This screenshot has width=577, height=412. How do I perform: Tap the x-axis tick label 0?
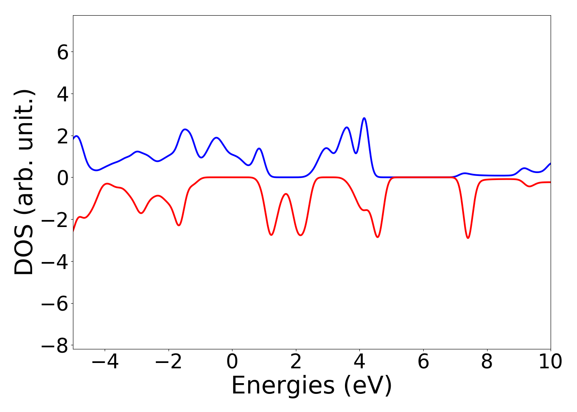click(x=232, y=362)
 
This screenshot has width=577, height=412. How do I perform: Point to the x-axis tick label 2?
click(x=296, y=362)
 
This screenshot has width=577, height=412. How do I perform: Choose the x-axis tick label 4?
click(x=359, y=362)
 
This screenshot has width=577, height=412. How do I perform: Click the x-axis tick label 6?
click(x=423, y=362)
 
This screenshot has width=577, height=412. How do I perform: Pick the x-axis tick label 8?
click(x=487, y=362)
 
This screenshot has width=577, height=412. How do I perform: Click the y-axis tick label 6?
click(x=63, y=52)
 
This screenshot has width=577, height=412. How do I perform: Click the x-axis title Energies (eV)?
click(x=312, y=386)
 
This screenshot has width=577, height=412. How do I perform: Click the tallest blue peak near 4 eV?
click(x=364, y=118)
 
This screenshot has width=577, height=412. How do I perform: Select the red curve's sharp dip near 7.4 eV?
click(x=468, y=238)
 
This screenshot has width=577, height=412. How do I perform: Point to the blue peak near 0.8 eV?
click(x=259, y=148)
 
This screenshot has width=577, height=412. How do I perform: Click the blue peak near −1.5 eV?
click(x=185, y=129)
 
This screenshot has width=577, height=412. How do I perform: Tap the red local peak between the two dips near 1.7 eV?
click(x=286, y=194)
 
